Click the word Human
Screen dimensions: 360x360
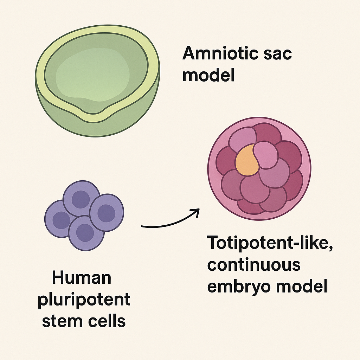pos(82,278)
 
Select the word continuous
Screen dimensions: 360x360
pos(253,265)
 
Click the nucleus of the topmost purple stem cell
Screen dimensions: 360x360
pos(81,199)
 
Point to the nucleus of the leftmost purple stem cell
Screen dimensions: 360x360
pos(62,220)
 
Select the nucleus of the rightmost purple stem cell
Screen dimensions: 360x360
pos(106,213)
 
